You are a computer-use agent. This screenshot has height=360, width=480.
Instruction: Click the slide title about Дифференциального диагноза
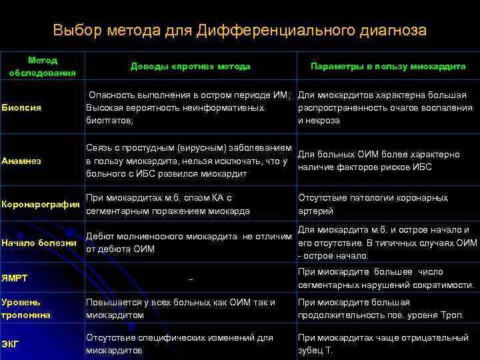pos(240,31)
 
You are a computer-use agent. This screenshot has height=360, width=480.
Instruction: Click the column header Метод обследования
pos(42,66)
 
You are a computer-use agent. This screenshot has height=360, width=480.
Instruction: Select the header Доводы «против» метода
pos(190,67)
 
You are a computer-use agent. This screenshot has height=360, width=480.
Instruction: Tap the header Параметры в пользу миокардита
pos(388,67)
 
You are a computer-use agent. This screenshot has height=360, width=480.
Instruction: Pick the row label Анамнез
pos(22,161)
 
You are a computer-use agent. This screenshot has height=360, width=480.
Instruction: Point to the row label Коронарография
pos(41,204)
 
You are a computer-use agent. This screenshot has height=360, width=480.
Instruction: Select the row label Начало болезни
pos(39,243)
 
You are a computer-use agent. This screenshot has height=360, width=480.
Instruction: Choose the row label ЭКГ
pos(10,344)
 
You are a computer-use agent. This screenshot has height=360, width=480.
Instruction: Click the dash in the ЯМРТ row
pos(191,279)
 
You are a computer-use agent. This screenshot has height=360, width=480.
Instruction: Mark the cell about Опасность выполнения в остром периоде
pos(189,107)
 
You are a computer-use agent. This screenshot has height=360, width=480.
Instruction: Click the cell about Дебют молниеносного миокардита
pos(189,243)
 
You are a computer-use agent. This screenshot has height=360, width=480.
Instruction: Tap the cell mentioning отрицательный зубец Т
pos(383,344)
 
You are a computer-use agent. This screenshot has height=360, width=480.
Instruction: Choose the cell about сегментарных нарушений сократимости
pos(386,279)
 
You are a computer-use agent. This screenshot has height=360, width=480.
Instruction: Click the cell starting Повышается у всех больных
pos(181,309)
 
